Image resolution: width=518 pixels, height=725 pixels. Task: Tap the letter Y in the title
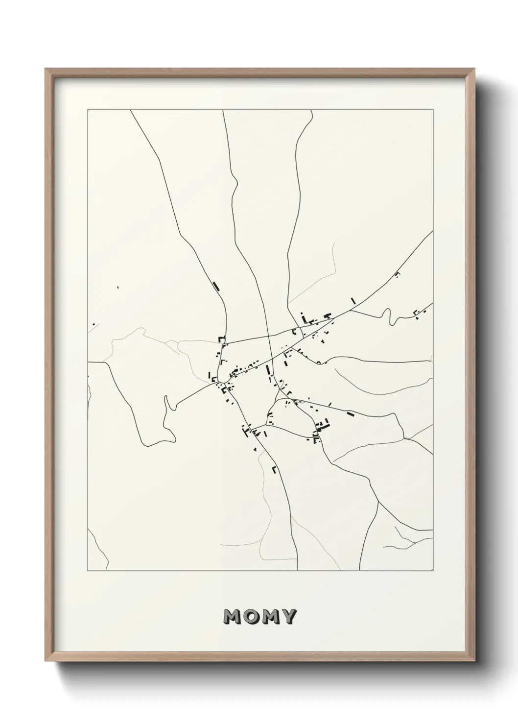[x=288, y=617]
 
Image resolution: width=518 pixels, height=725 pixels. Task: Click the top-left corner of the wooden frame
[x=46, y=69]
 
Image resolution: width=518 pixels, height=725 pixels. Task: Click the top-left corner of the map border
[x=88, y=110]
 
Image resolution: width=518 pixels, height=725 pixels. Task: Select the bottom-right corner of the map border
[x=433, y=570]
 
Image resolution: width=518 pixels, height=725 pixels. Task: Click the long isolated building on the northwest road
[x=216, y=286]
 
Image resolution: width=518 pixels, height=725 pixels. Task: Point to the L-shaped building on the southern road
[x=275, y=469]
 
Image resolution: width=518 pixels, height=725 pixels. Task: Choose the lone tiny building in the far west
[x=118, y=287]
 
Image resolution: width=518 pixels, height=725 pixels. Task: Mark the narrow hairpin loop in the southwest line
[x=167, y=403]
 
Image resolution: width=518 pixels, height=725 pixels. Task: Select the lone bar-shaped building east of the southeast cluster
[x=350, y=414]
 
